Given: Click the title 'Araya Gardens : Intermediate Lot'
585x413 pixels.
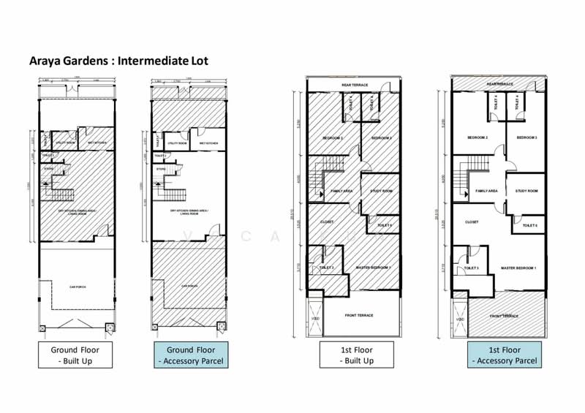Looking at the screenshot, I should [x=118, y=61].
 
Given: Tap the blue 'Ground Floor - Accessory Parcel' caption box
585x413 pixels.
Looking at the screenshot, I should [x=189, y=355].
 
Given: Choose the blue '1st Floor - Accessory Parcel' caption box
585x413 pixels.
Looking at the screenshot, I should [x=505, y=355].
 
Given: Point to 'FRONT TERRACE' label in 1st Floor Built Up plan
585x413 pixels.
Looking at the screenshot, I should [x=359, y=315].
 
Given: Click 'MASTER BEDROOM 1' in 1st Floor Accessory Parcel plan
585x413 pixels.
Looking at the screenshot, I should [x=518, y=268].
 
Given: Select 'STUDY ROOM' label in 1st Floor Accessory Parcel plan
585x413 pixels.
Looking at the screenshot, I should [x=526, y=191].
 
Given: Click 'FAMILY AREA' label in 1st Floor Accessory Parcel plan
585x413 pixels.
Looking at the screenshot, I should [x=487, y=191].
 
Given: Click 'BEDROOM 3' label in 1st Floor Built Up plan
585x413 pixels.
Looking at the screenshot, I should [x=381, y=138].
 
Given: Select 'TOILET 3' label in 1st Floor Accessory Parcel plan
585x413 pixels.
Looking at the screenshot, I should [x=472, y=268].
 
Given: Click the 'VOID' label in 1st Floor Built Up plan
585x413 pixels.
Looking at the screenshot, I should [x=314, y=319].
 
